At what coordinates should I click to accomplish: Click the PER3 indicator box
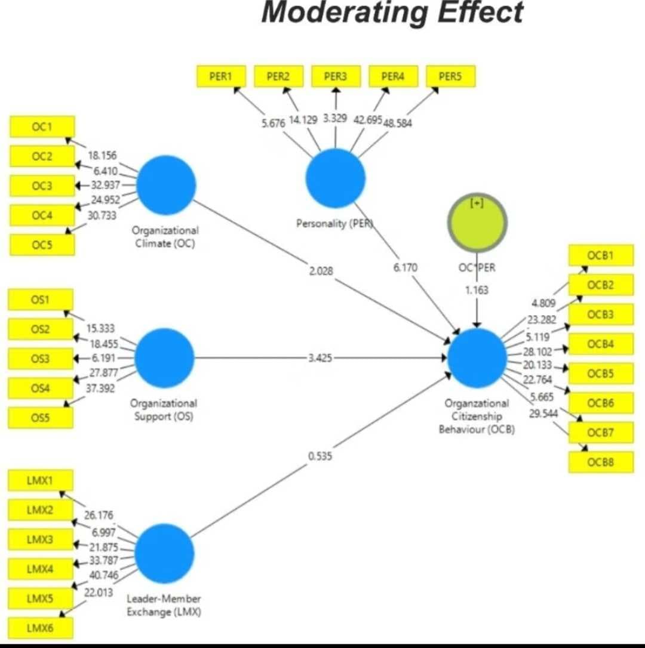pos(336,76)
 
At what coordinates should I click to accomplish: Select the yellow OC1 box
pos(42,126)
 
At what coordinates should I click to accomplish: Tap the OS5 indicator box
pos(41,418)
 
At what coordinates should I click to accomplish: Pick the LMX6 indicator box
pos(41,628)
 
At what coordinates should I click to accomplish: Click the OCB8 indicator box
pos(601,462)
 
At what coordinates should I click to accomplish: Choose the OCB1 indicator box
pos(601,255)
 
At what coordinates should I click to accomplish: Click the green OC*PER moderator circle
pos(477,223)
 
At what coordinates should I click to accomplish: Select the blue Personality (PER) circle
pos(336,178)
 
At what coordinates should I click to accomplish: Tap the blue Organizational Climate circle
pos(166,185)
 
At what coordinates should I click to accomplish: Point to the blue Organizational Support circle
pos(165,358)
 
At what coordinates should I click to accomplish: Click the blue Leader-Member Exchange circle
pos(165,553)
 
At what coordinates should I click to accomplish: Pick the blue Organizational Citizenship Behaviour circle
pos(477,358)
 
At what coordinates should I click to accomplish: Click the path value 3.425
pos(320,358)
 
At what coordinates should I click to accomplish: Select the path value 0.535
pos(320,456)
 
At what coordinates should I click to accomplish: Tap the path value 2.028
pos(321,271)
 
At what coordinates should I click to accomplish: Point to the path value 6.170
pos(406,268)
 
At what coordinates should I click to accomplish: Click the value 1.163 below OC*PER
pos(477,290)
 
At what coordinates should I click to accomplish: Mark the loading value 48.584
pos(398,123)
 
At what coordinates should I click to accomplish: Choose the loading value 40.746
pos(104,575)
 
